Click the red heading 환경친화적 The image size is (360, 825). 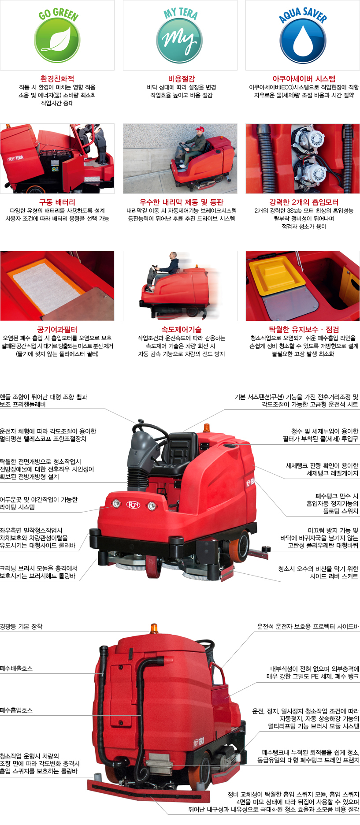(57, 79)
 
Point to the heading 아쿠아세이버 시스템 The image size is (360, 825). (304, 79)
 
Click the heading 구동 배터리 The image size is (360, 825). (57, 202)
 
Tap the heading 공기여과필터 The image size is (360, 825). (57, 330)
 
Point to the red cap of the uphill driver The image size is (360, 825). (200, 129)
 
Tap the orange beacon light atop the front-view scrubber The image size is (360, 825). (206, 427)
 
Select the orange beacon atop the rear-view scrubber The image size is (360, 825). (154, 628)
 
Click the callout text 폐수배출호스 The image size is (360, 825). (16, 668)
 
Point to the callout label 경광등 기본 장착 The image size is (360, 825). (21, 626)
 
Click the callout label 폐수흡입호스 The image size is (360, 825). (16, 710)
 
